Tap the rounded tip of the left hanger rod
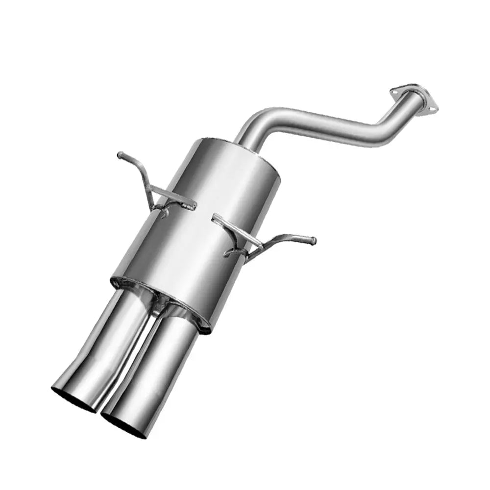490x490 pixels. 120,156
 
